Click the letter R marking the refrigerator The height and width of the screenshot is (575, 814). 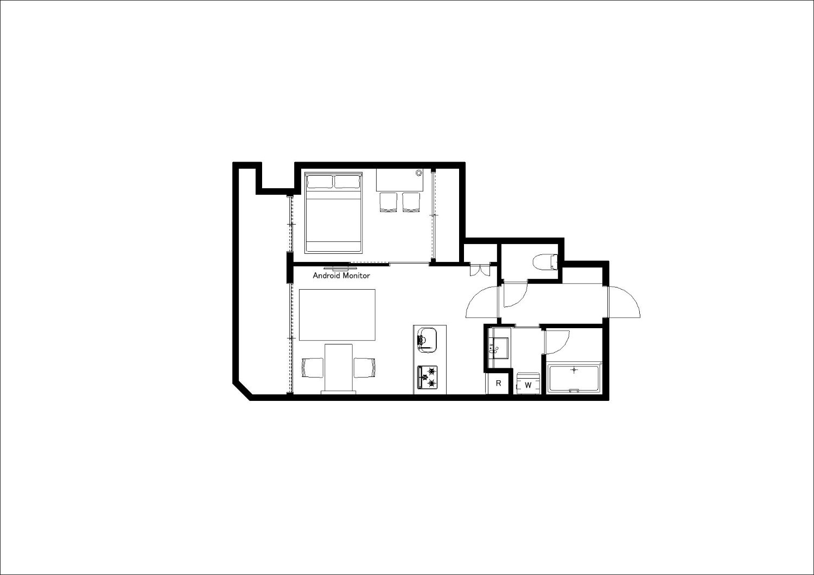click(x=499, y=383)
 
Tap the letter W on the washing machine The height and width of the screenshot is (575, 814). click(x=529, y=385)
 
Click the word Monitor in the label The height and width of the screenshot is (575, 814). click(x=357, y=276)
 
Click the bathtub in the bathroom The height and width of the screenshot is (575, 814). click(x=574, y=378)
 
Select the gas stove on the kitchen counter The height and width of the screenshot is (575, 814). click(x=428, y=378)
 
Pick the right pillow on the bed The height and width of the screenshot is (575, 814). click(x=347, y=181)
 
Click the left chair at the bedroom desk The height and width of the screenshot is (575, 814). click(x=388, y=202)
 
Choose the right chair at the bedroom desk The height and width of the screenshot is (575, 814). click(x=411, y=202)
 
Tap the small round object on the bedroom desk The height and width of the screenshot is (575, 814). click(x=418, y=173)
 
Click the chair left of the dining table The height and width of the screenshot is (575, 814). click(x=313, y=368)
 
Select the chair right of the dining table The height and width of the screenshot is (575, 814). click(x=365, y=368)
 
